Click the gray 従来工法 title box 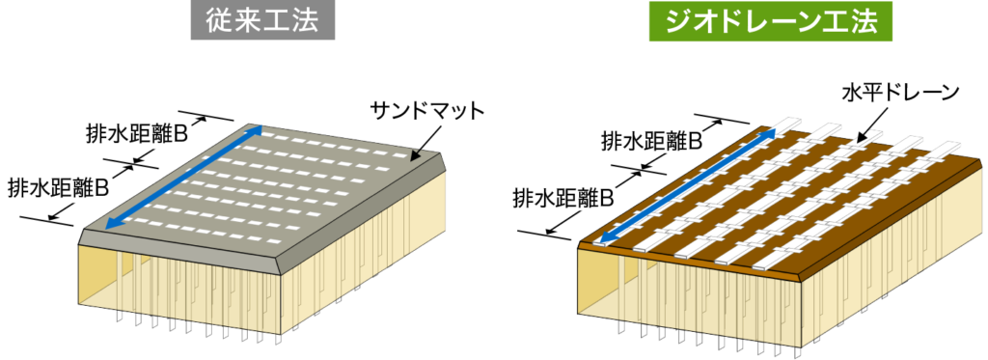click(x=261, y=20)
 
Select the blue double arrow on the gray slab click(x=182, y=177)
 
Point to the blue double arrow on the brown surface click(x=686, y=187)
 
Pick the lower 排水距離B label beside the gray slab click(x=57, y=185)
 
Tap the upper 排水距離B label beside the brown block click(x=650, y=141)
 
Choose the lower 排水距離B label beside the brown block click(x=564, y=199)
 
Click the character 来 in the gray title click(x=245, y=20)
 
